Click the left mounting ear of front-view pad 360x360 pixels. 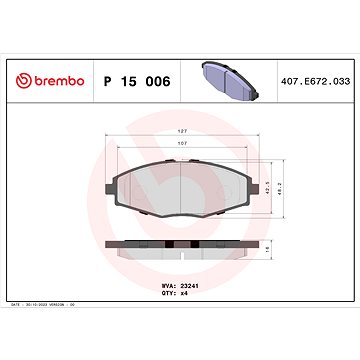pyautogui.click(x=110, y=167)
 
